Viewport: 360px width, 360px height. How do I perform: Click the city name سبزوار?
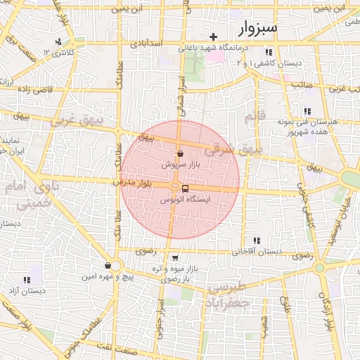click(258, 27)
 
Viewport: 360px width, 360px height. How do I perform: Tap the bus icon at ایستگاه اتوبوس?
click(185, 188)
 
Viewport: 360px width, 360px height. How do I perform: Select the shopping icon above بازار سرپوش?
click(181, 153)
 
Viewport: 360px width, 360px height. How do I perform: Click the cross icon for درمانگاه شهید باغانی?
click(214, 36)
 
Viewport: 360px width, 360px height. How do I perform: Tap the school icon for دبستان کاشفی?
click(268, 52)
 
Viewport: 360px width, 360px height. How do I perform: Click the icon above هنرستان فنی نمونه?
click(307, 111)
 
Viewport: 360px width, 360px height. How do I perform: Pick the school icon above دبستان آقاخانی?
click(256, 240)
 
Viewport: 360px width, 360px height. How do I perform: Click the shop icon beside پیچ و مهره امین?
click(107, 266)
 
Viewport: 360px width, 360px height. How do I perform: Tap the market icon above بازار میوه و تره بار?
click(174, 258)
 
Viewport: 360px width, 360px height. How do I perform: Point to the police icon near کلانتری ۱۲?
click(58, 41)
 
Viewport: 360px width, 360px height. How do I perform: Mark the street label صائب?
click(302, 84)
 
